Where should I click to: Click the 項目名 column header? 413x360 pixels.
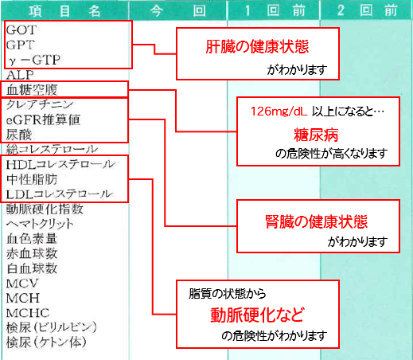64,11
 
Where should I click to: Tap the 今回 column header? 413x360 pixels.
178,11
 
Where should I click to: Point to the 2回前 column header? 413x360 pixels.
368,11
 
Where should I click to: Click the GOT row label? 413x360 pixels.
21,30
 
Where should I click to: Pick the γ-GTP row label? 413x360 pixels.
34,60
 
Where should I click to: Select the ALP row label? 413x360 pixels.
20,75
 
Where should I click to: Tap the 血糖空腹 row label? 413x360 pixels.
32,90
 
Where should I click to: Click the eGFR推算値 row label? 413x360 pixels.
43,119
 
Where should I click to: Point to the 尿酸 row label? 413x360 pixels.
19,135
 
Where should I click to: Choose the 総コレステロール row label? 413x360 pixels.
52,149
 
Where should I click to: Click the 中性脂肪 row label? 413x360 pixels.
32,179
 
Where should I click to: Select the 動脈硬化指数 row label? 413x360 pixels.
45,209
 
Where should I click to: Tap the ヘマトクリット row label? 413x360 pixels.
40,224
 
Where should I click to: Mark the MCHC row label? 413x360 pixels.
28,313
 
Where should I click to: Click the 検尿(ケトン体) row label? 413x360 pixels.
46,342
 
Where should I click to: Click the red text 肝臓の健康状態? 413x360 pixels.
257,47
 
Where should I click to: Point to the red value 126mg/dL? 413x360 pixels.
279,112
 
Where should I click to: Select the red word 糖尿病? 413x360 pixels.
316,135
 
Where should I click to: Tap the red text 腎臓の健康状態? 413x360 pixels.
317,221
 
